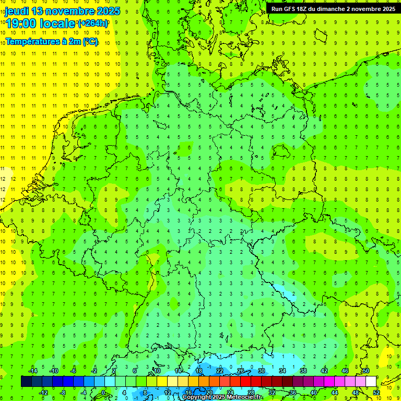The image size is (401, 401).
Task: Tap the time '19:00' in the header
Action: pyautogui.click(x=20, y=23)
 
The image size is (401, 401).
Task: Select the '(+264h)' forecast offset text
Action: pyautogui.click(x=93, y=23)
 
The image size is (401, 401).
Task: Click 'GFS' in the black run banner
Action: pyautogui.click(x=291, y=9)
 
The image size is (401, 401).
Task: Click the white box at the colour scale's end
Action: pyautogui.click(x=371, y=381)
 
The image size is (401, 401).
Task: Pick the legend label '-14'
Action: pyautogui.click(x=33, y=371)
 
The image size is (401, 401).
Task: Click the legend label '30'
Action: pyautogui.click(x=262, y=371)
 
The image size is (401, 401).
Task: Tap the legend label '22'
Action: pyautogui.click(x=220, y=371)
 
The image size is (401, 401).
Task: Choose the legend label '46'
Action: pyautogui.click(x=345, y=371)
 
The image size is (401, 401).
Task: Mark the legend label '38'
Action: pyautogui.click(x=303, y=371)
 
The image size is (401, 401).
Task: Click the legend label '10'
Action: pyautogui.click(x=157, y=371)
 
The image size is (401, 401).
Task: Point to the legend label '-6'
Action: pyautogui.click(x=74, y=371)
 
